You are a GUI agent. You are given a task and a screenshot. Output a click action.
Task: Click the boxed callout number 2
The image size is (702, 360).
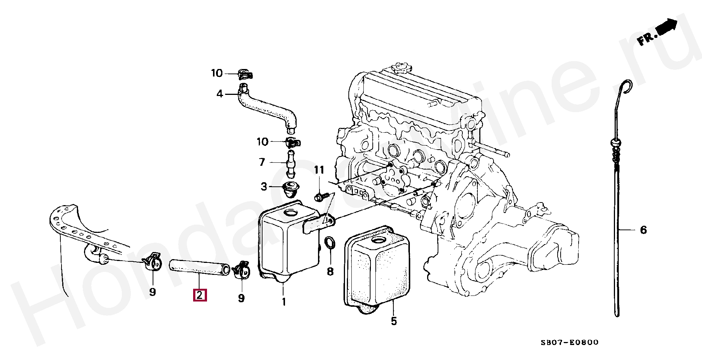pyautogui.click(x=199, y=295)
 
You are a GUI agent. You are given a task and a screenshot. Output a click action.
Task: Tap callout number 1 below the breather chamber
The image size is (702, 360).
pyautogui.click(x=284, y=301)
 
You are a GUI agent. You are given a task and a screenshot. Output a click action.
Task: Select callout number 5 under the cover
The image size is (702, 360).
pyautogui.click(x=393, y=321)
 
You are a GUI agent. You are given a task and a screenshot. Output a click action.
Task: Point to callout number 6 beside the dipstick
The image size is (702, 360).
pyautogui.click(x=643, y=230)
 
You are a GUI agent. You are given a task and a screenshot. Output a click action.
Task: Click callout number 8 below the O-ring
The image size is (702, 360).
pyautogui.click(x=330, y=271)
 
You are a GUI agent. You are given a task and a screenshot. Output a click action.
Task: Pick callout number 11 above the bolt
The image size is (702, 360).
pyautogui.click(x=319, y=170)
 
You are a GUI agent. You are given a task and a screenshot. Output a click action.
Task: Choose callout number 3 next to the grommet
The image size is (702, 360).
pyautogui.click(x=264, y=186)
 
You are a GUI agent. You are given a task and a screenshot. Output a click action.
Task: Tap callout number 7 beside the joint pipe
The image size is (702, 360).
pyautogui.click(x=262, y=162)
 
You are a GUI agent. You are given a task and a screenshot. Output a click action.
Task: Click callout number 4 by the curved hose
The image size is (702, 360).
pyautogui.click(x=220, y=94)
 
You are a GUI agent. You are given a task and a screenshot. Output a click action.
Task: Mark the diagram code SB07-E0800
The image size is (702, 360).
pyautogui.click(x=570, y=342)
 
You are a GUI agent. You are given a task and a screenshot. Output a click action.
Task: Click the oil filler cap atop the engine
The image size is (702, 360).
pyautogui.click(x=401, y=68)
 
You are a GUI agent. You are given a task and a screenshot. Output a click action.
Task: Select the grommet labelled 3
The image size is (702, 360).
pyautogui.click(x=290, y=189)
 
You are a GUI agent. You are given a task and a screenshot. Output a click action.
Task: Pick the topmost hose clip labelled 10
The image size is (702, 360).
pyautogui.click(x=244, y=74)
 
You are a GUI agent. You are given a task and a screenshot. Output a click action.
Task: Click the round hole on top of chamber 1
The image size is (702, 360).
pyautogui.click(x=290, y=213)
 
